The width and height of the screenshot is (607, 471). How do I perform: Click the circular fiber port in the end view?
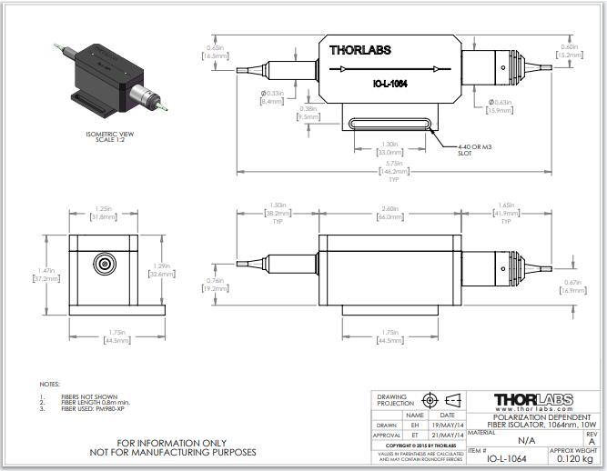tap(103, 266)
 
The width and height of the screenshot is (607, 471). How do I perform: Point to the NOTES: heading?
tap(51, 385)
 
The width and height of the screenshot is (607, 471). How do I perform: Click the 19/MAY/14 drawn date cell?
tap(448, 424)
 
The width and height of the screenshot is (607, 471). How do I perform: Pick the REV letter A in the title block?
tap(592, 441)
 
